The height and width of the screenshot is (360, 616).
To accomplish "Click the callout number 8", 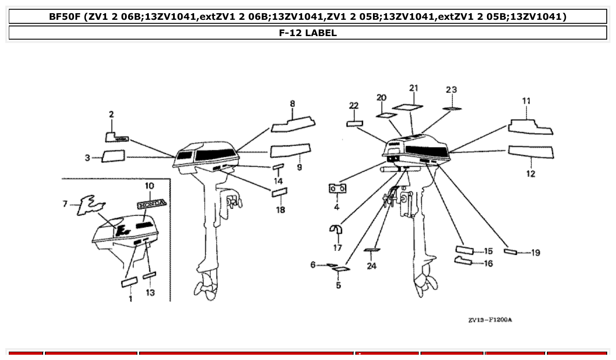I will [x=292, y=104].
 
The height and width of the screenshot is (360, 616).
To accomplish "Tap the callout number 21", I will [x=413, y=88].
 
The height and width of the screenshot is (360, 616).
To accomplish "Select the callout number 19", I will [x=535, y=253].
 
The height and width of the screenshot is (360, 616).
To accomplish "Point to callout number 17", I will [x=337, y=248].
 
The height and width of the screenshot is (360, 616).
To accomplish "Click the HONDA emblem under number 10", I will [x=151, y=204].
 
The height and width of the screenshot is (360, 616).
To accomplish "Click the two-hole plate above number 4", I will [x=337, y=188].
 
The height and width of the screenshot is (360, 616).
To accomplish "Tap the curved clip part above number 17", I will [x=337, y=230].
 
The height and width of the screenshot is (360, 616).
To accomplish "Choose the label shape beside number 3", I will [x=113, y=156].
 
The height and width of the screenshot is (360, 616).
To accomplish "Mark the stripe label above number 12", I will [x=531, y=152].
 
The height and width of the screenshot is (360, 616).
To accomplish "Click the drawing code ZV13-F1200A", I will [x=490, y=320].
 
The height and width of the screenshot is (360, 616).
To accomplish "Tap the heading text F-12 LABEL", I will [x=308, y=33].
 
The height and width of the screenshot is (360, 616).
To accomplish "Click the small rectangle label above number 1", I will [x=129, y=282].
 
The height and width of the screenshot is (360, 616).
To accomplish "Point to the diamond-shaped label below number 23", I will [x=452, y=108].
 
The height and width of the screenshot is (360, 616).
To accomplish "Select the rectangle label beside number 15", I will [x=464, y=250].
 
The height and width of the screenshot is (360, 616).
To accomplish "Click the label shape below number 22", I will [x=354, y=124].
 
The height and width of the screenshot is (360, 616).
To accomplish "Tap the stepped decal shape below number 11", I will [x=530, y=127].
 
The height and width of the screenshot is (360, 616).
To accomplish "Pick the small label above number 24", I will [x=372, y=250].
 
